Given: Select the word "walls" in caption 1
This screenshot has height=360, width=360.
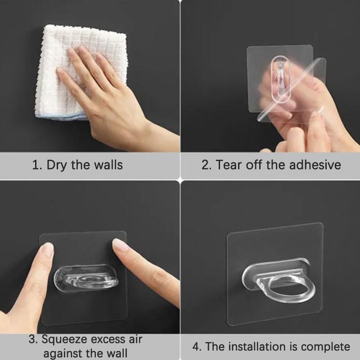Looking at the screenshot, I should pos(108,165).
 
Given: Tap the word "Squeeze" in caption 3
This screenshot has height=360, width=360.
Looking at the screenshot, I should pos(66,339).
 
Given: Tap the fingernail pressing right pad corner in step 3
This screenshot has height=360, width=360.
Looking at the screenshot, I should pos(120,245).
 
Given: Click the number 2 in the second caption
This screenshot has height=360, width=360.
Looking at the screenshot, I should pos(206,165).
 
